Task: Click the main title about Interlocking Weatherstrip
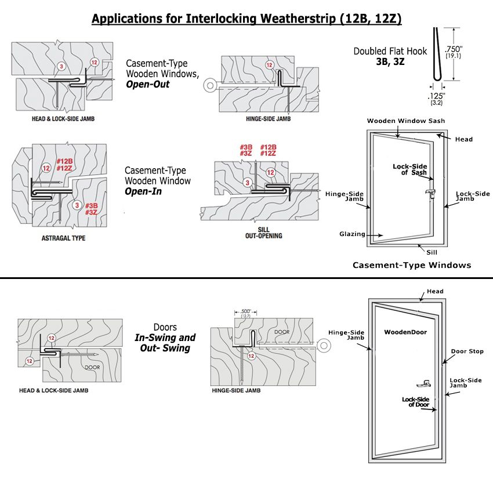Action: pyautogui.click(x=246, y=19)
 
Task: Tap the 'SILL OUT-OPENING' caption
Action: pyautogui.click(x=263, y=233)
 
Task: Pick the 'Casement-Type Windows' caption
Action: pyautogui.click(x=412, y=265)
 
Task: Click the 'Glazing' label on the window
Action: pyautogui.click(x=352, y=234)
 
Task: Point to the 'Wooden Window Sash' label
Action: pyautogui.click(x=397, y=121)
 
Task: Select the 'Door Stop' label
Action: pyautogui.click(x=471, y=351)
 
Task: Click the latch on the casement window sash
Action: pyautogui.click(x=430, y=194)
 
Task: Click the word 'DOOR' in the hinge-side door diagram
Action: pyautogui.click(x=281, y=332)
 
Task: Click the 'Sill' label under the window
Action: pyautogui.click(x=431, y=252)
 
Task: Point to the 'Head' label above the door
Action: pyautogui.click(x=435, y=292)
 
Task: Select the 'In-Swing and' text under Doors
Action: pyautogui.click(x=165, y=338)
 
